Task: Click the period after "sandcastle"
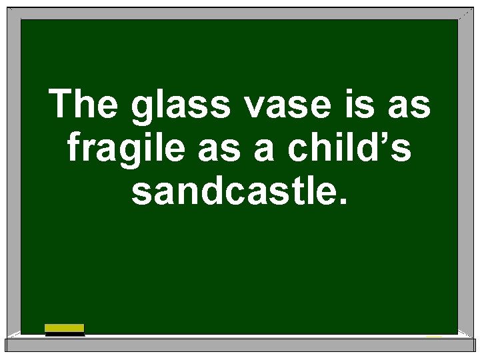(x=343, y=201)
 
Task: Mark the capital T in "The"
(x=63, y=105)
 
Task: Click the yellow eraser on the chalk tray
(x=64, y=328)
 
